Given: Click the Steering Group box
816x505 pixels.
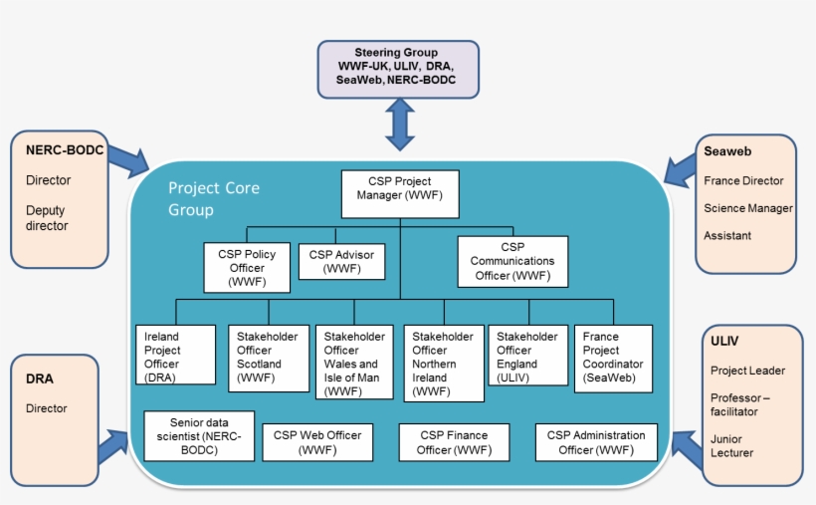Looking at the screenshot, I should pos(398,68).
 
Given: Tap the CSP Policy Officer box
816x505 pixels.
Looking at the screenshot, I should pos(248,267).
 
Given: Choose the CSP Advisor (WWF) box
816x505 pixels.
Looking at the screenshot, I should pos(341,261).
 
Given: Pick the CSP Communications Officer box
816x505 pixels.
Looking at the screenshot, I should pos(512,261).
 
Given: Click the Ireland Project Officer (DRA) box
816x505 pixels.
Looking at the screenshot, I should pos(175,356).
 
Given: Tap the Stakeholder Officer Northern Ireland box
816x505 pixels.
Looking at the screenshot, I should pos(444,363).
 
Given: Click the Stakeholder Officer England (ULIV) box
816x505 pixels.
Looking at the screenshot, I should pos(527,356).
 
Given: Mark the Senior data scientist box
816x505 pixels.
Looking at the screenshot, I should pos(199,436).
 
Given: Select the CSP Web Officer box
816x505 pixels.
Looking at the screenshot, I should pos(317,442).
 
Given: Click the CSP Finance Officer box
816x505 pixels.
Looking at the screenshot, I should pos(454,442).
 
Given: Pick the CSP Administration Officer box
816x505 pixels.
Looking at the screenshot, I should pos(597,442).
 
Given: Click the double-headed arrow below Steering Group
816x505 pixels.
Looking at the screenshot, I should pos(399,125).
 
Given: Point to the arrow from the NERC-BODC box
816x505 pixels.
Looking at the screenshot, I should pos(126,157).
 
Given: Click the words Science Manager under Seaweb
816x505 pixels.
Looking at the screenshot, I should pos(747,208).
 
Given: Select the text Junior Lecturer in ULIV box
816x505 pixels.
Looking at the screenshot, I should pos(731,445).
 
